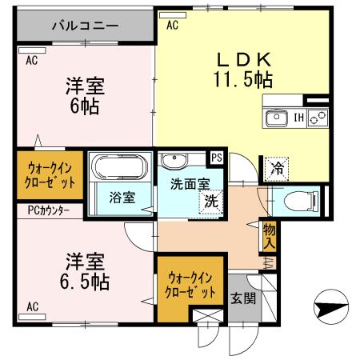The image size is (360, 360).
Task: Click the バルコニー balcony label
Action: tap(85, 26)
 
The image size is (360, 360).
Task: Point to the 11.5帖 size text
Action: tap(243, 78)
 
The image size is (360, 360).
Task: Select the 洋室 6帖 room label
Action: tap(84, 94)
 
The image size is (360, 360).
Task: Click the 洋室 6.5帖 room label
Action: tap(86, 272)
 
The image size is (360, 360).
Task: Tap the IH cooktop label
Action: tap(298, 118)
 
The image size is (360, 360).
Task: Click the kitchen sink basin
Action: tap(277, 118)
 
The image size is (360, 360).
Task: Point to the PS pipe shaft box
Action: tap(216, 158)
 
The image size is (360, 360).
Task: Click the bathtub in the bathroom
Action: tap(118, 167)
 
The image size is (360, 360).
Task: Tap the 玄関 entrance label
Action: tap(244, 299)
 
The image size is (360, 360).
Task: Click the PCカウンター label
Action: tap(43, 210)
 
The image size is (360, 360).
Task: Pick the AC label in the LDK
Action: tap(172, 26)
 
